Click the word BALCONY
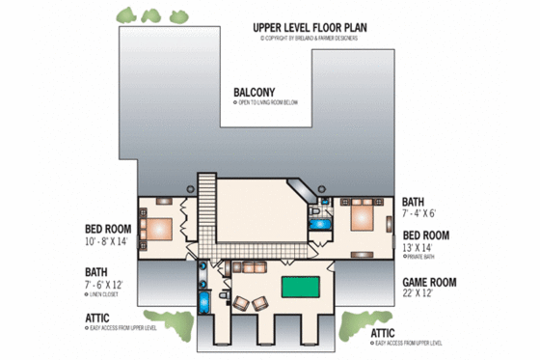[x=255, y=94]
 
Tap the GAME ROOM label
[x=429, y=283]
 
